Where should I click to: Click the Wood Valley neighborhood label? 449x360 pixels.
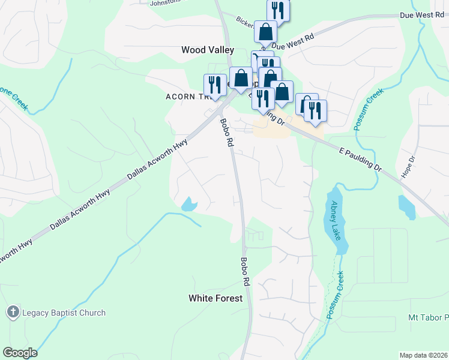(x=207, y=50)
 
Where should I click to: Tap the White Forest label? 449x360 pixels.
(x=215, y=298)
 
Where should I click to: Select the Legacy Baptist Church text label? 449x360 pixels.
(x=64, y=313)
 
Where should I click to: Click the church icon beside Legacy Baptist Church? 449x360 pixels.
(x=13, y=312)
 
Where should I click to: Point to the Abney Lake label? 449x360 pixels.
(x=336, y=220)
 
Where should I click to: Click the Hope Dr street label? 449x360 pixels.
(x=412, y=167)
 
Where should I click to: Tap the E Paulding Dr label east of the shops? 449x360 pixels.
(x=360, y=159)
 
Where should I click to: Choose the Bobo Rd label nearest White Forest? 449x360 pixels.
(x=245, y=271)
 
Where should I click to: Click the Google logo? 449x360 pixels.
(x=20, y=353)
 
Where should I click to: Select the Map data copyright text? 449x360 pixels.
(x=423, y=355)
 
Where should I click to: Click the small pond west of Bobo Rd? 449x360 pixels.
(x=189, y=205)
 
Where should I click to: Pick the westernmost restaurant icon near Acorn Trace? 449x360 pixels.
(x=214, y=84)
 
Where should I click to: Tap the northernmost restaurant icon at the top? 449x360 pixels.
(x=278, y=10)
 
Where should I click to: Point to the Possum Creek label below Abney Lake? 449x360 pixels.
(x=334, y=295)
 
